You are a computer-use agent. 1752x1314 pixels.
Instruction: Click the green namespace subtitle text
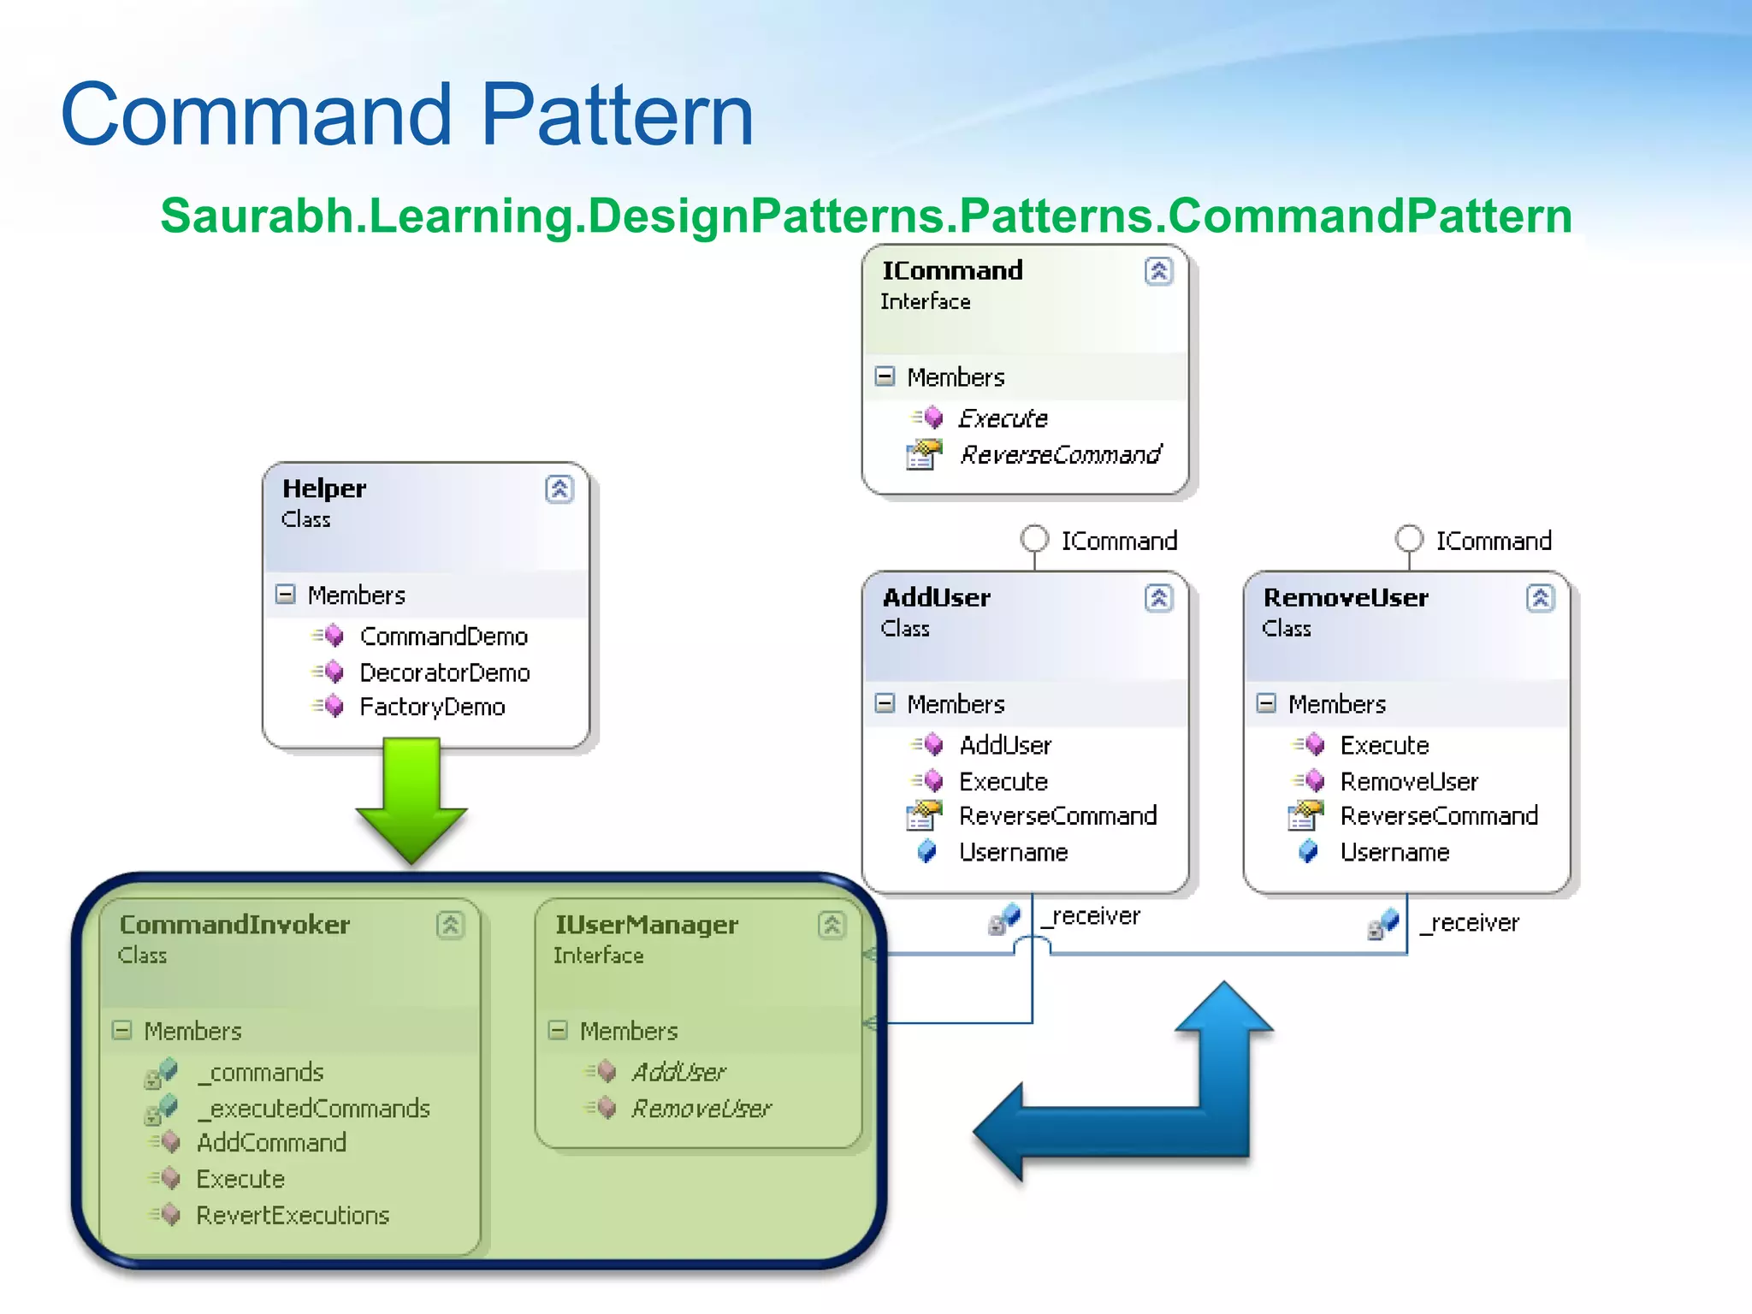pos(866,216)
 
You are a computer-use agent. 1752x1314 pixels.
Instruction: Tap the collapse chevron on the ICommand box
pos(1158,272)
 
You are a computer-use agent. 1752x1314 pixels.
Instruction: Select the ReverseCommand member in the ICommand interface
pos(1059,454)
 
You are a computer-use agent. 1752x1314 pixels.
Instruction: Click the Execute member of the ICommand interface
pos(1003,418)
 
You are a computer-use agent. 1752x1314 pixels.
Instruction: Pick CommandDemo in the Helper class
pos(443,636)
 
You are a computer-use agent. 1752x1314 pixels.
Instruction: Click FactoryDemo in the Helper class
pos(432,707)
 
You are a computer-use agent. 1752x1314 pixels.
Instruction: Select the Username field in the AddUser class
pos(1013,852)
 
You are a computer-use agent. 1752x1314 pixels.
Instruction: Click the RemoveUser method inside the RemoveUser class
pos(1408,781)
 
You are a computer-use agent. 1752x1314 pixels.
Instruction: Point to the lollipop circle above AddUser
pos(1034,539)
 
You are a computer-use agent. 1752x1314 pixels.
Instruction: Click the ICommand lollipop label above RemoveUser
pos(1493,541)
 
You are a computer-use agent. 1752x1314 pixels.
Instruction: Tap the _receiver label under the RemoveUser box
pos(1470,923)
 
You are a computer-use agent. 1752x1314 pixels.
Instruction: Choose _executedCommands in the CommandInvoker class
pos(313,1108)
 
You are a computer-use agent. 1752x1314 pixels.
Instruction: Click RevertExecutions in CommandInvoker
pos(293,1215)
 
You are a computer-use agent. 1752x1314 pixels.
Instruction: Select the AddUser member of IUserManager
pos(678,1072)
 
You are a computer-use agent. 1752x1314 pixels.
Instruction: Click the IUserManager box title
pos(646,925)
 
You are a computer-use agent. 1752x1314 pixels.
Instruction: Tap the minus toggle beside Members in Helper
pos(286,595)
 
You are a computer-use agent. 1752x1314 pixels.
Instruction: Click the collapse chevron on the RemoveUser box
pos(1540,598)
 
